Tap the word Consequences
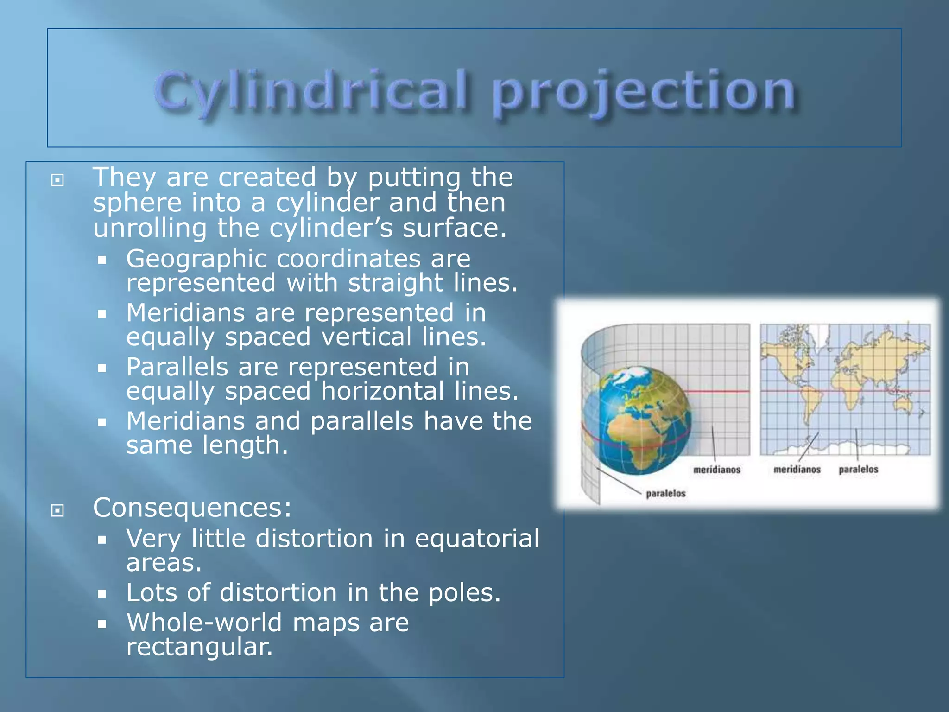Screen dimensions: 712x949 [192, 508]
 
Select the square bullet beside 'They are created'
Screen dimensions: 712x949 [57, 180]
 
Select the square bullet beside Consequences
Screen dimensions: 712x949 [57, 510]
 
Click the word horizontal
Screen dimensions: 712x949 [382, 391]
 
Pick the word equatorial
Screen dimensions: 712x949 [477, 539]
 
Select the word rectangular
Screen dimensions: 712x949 [199, 647]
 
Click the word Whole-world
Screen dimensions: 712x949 [204, 623]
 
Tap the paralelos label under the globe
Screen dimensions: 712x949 [665, 494]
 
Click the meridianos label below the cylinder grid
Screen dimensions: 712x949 [716, 470]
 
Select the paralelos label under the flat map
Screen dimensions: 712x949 [858, 470]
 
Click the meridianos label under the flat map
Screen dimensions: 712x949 [797, 470]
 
